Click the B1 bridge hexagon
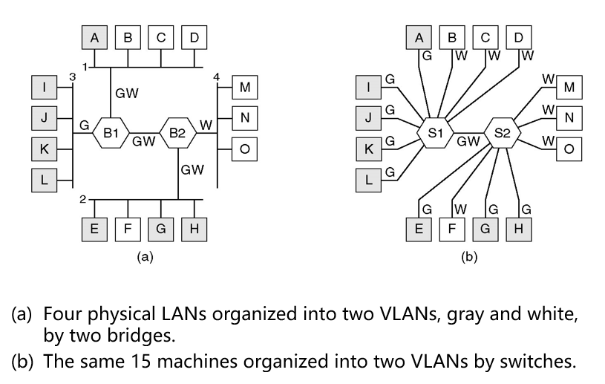click(x=111, y=133)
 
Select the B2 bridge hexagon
click(x=177, y=133)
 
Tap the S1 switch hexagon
click(x=434, y=133)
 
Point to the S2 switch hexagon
click(x=503, y=133)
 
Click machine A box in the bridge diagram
click(x=94, y=36)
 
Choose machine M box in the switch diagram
click(x=569, y=88)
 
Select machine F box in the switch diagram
click(x=452, y=229)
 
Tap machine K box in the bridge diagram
click(x=45, y=149)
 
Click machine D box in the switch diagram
click(x=517, y=37)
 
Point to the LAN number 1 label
click(x=85, y=67)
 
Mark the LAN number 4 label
click(x=216, y=77)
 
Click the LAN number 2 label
click(x=83, y=200)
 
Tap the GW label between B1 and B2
click(x=143, y=140)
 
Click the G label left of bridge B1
click(x=85, y=126)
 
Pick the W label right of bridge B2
click(x=206, y=126)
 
